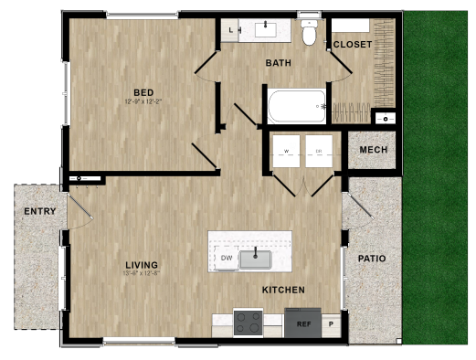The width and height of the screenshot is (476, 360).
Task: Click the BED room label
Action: [143, 92]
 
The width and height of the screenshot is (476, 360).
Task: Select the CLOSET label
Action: [352, 44]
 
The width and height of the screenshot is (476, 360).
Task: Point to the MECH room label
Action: [373, 150]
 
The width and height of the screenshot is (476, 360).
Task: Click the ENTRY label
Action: [40, 211]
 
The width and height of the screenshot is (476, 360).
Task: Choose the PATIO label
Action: [371, 259]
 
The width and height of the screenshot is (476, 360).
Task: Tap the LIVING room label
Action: [143, 266]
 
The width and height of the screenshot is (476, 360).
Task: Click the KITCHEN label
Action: [283, 290]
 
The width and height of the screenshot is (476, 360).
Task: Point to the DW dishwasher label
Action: [227, 259]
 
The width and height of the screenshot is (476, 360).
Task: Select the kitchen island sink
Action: [255, 259]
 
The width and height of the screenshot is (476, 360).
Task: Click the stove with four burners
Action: [248, 323]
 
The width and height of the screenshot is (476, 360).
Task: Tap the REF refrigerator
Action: [302, 323]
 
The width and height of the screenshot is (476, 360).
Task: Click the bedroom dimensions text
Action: [143, 101]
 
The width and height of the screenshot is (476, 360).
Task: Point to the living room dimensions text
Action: [143, 274]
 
